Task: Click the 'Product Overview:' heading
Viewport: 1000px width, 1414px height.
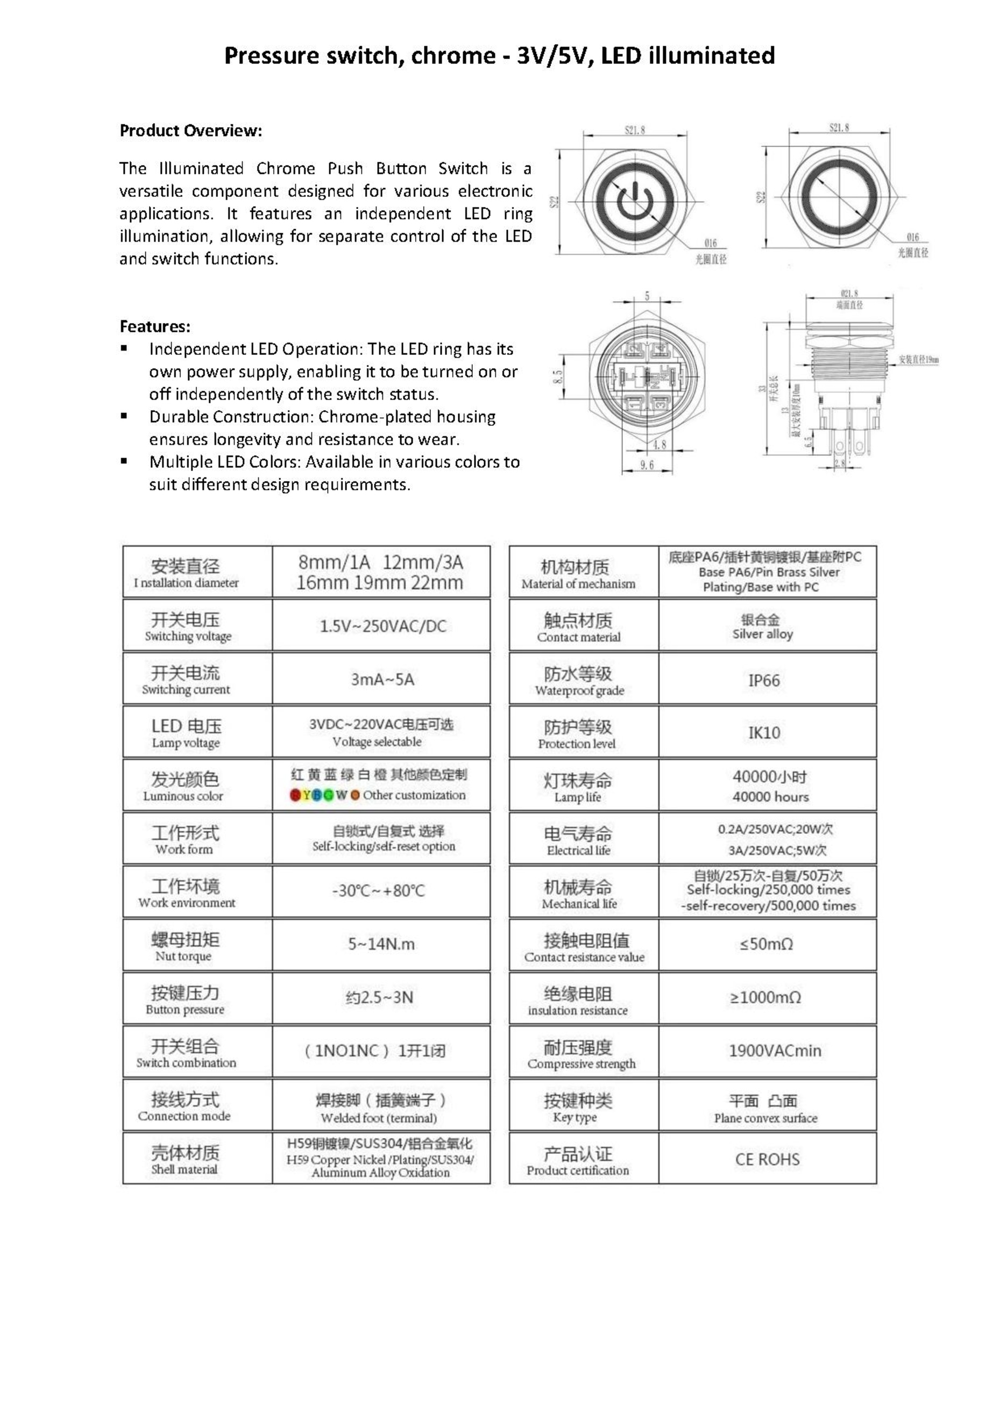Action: (190, 131)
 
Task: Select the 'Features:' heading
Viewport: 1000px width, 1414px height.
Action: (154, 326)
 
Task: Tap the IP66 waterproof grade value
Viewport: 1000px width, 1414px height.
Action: (764, 680)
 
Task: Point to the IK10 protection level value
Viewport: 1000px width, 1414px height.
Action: (764, 732)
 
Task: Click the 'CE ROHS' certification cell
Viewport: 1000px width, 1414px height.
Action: (767, 1159)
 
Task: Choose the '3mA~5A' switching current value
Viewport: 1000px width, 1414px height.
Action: (382, 679)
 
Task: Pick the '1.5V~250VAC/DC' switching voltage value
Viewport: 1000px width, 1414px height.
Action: (382, 626)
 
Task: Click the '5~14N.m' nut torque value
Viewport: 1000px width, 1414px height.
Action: (381, 944)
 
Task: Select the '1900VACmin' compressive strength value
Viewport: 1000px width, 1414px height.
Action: (775, 1051)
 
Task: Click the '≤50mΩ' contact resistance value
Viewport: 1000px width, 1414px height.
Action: (766, 944)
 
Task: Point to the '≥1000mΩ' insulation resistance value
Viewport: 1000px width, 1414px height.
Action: (765, 997)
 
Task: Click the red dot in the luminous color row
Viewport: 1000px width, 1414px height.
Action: (295, 795)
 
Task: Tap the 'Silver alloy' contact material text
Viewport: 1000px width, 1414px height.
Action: (762, 634)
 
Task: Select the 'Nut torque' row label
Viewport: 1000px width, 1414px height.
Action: (183, 956)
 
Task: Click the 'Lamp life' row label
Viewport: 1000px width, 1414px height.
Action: (577, 797)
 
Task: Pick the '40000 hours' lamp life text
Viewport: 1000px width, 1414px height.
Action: (770, 796)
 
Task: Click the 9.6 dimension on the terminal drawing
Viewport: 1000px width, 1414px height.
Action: (647, 465)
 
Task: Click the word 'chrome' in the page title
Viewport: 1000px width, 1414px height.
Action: (453, 55)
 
